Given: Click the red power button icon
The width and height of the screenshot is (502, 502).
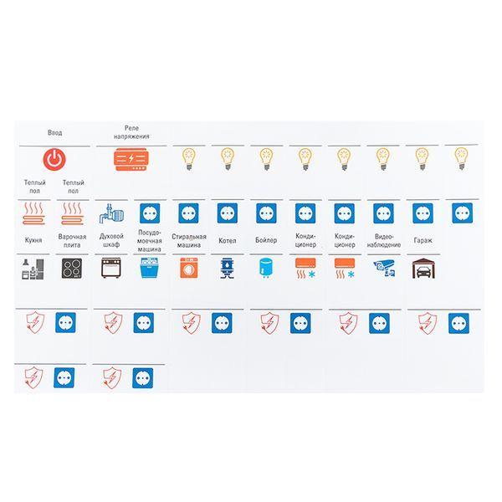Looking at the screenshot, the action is (54, 159).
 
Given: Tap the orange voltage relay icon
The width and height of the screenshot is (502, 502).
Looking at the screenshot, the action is (131, 159).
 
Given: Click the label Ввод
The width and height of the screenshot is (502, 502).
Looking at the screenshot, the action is (54, 132).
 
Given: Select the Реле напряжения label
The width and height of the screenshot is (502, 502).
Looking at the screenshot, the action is (131, 132).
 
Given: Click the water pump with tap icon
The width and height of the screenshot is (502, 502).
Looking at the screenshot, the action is (111, 213).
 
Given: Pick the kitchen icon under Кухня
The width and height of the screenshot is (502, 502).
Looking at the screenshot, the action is (33, 269).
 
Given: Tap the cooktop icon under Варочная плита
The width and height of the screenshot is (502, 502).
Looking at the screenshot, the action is (72, 268).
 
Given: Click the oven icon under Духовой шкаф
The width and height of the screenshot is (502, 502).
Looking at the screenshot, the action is (111, 268).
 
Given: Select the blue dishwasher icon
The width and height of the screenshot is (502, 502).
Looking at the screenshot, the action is (150, 268).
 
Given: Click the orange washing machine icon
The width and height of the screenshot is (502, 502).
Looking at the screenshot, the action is (189, 268).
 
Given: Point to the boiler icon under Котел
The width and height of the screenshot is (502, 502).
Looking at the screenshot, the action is (228, 269).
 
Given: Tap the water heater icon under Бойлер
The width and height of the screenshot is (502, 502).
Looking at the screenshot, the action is (266, 268).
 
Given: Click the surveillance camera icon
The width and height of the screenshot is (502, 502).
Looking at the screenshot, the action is (384, 269).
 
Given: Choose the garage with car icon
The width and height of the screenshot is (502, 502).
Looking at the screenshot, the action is (423, 269).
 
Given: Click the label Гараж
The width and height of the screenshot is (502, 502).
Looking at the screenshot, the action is (423, 240).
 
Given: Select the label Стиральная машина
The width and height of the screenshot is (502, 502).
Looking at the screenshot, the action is (189, 241).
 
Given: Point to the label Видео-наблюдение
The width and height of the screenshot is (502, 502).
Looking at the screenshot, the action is (384, 241).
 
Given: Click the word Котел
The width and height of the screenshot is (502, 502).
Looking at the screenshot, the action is (228, 241).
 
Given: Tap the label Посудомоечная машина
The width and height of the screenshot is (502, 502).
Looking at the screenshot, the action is (150, 241).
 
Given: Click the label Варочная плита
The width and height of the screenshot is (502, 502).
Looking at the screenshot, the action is (72, 241).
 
